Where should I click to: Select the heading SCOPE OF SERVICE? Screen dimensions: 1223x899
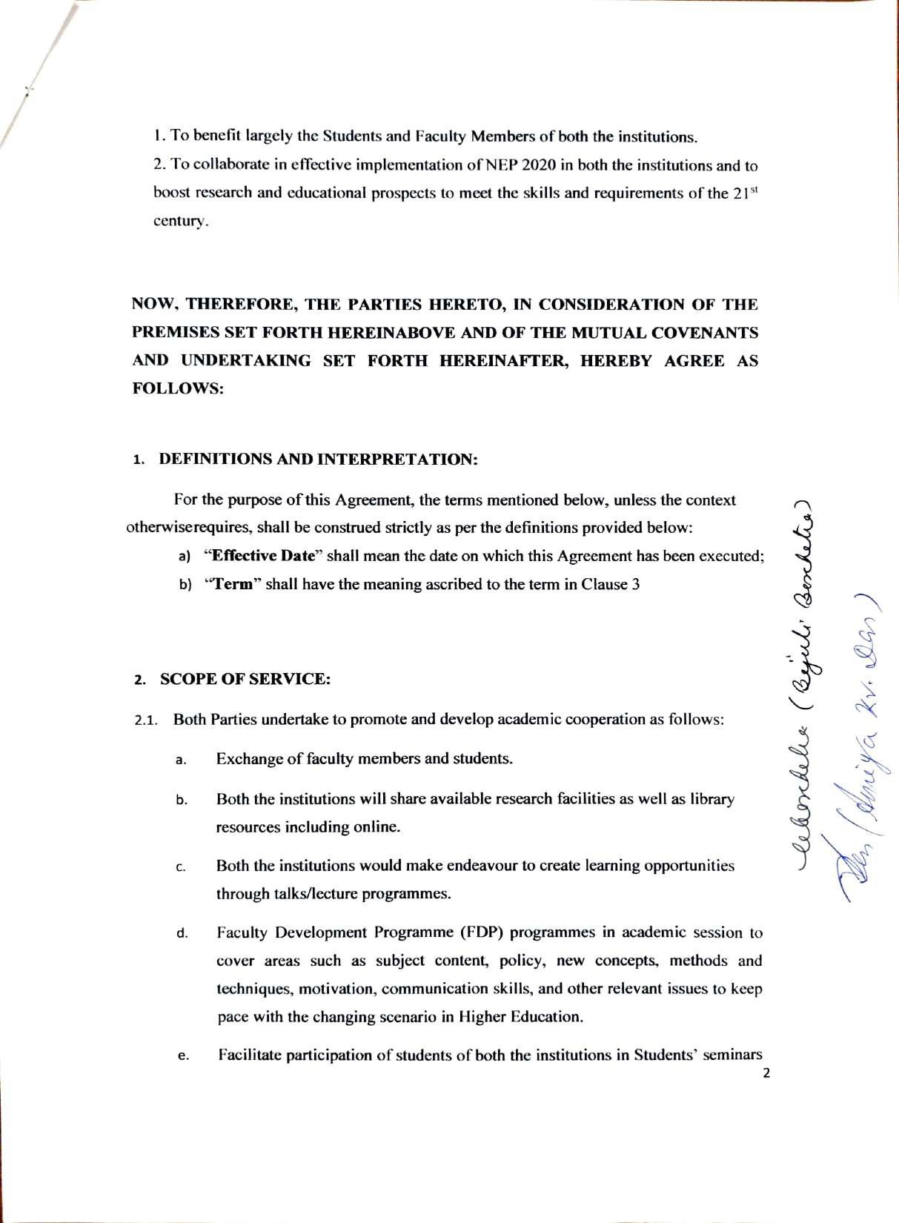(x=245, y=679)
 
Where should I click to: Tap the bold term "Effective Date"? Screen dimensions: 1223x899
(x=260, y=556)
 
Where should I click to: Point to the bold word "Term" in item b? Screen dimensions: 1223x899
(x=233, y=583)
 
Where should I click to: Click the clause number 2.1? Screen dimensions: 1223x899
(x=147, y=720)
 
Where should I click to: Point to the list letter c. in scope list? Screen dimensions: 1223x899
(x=181, y=867)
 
